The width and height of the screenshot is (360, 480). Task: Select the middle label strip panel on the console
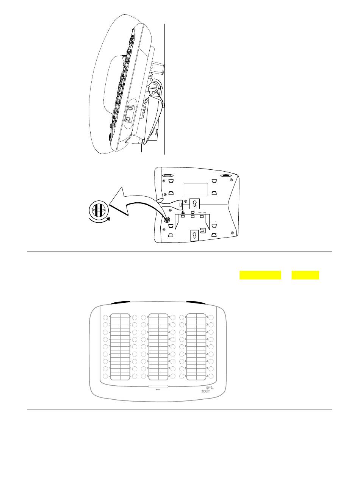pos(158,346)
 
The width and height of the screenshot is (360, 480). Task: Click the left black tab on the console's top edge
pos(119,302)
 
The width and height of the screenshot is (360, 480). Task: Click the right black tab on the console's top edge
pos(196,302)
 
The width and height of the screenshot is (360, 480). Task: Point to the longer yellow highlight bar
pos(260,275)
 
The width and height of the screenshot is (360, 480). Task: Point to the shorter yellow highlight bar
pos(305,275)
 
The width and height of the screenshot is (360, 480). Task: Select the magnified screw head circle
pos(98,210)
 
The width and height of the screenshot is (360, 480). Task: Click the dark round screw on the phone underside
pos(166,219)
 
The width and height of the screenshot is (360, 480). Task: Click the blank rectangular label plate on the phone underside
pos(196,189)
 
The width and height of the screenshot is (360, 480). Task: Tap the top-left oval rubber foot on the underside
pos(168,176)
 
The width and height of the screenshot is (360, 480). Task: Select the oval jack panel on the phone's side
pos(129,113)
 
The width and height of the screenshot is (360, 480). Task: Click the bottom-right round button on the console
pos(211,376)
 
